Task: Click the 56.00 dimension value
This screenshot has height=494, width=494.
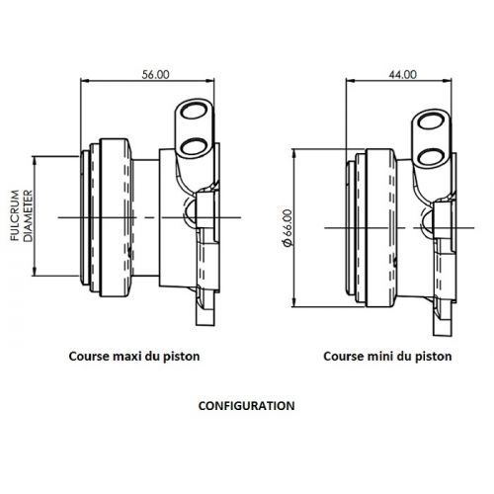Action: coord(155,75)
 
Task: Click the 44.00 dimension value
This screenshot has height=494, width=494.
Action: coord(402,75)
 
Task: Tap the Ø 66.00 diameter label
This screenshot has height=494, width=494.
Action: coord(287,228)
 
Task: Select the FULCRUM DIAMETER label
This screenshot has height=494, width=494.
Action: coord(22,215)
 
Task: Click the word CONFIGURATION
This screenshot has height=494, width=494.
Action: coord(247,406)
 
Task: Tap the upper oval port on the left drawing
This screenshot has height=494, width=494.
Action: coord(193,111)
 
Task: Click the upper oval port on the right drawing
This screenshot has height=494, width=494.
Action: coord(431,122)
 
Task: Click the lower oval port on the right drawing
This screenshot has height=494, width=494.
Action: coord(431,157)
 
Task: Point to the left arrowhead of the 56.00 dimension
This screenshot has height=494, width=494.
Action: coord(85,80)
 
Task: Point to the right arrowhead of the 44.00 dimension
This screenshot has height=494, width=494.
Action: coord(448,80)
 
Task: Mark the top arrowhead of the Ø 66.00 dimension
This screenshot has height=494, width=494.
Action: coord(294,154)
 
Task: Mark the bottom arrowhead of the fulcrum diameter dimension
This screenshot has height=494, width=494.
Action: coord(34,272)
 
